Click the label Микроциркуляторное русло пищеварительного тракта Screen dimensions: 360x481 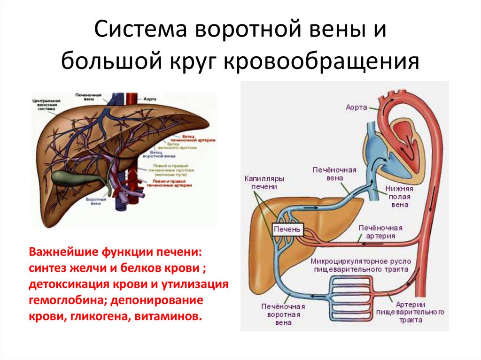tap(359, 265)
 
